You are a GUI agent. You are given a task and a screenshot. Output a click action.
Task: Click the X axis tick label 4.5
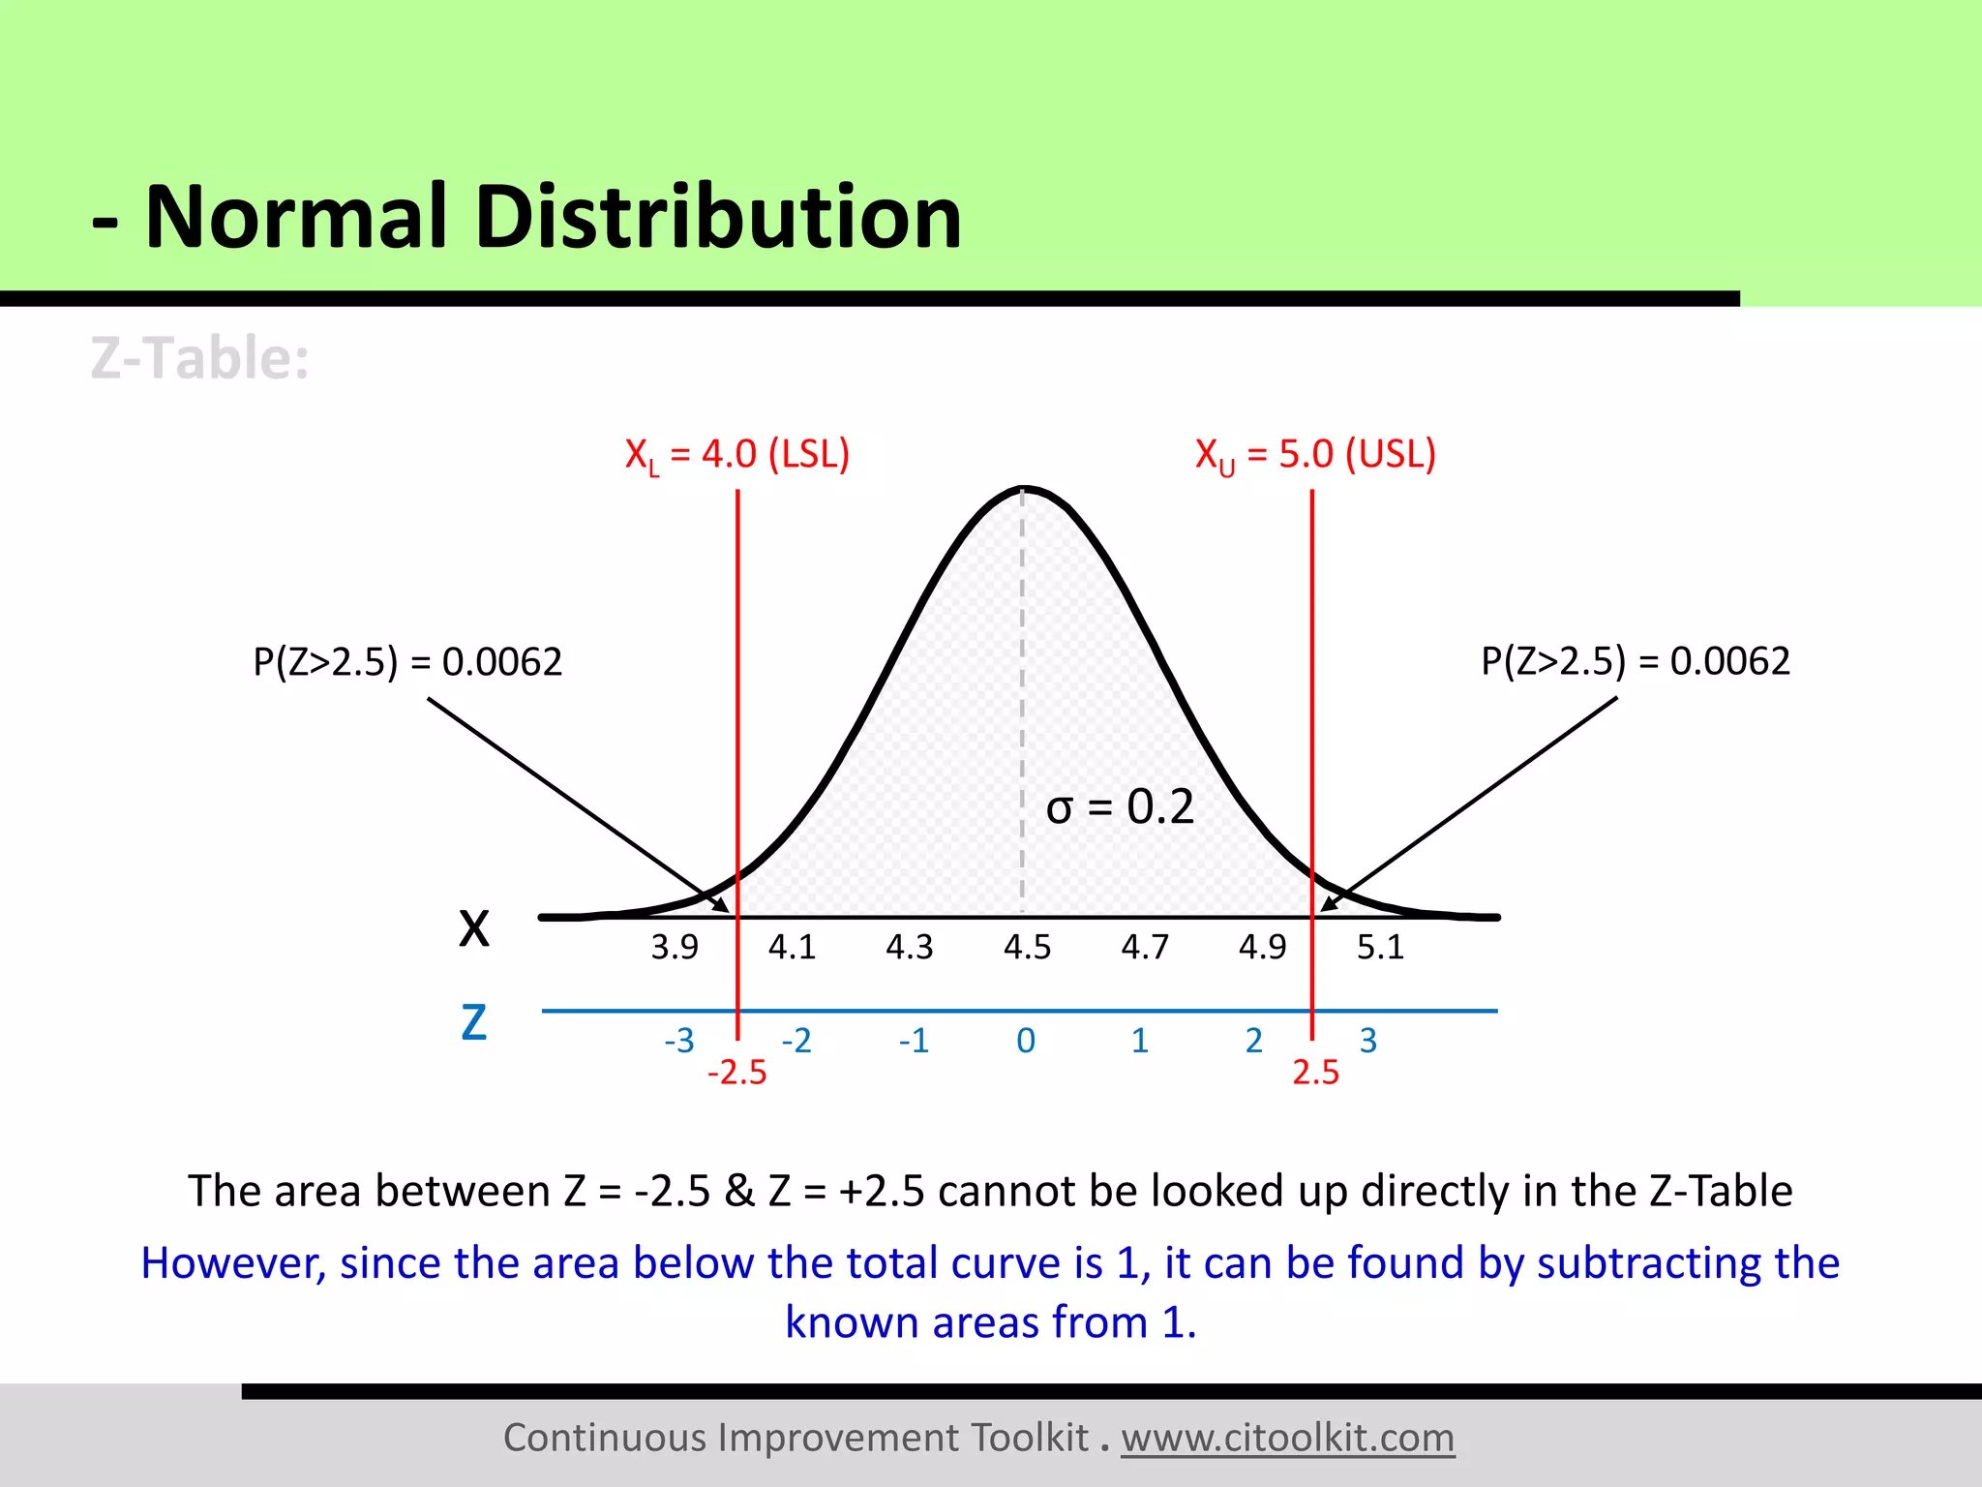pyautogui.click(x=1027, y=947)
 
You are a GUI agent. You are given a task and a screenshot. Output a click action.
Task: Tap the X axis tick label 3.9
pyautogui.click(x=675, y=947)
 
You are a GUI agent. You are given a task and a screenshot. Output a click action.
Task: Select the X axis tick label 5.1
pyautogui.click(x=1380, y=947)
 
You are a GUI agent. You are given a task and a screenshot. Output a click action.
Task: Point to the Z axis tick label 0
pyautogui.click(x=1026, y=1041)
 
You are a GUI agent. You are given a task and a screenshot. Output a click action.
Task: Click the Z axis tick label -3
pyautogui.click(x=679, y=1041)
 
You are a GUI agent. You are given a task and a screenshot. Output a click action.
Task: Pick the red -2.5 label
pyautogui.click(x=736, y=1073)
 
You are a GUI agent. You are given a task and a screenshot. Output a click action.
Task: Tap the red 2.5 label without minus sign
pyautogui.click(x=1316, y=1073)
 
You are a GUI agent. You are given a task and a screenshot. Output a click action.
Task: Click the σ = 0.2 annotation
pyautogui.click(x=1120, y=806)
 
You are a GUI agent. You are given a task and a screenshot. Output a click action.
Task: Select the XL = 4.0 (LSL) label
pyautogui.click(x=736, y=455)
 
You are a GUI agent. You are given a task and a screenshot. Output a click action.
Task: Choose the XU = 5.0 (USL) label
pyautogui.click(x=1315, y=455)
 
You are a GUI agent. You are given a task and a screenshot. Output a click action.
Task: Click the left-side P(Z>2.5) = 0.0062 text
pyautogui.click(x=407, y=662)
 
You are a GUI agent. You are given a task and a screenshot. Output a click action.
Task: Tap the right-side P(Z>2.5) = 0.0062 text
pyautogui.click(x=1636, y=661)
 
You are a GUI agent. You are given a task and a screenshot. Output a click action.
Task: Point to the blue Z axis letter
pyautogui.click(x=474, y=1022)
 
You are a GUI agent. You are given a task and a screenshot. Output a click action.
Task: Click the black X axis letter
pyautogui.click(x=474, y=928)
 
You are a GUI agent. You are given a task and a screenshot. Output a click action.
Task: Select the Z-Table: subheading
pyautogui.click(x=200, y=358)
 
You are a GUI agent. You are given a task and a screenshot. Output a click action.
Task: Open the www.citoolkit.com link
pyautogui.click(x=1288, y=1438)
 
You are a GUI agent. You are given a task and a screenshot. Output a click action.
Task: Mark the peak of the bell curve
pyautogui.click(x=1024, y=489)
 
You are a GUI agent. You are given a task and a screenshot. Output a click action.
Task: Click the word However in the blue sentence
pyautogui.click(x=233, y=1263)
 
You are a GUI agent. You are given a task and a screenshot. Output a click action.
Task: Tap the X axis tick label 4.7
pyautogui.click(x=1145, y=947)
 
